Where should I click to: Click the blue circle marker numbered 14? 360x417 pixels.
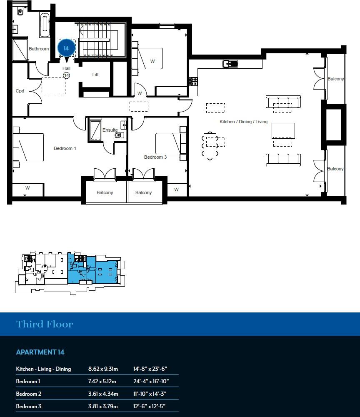tap(66, 48)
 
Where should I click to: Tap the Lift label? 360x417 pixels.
tap(95, 75)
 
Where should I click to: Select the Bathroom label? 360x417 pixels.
tap(39, 49)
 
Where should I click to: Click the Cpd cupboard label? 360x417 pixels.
tap(20, 91)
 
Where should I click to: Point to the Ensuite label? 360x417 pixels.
tap(110, 130)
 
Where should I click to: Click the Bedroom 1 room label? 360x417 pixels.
tap(65, 148)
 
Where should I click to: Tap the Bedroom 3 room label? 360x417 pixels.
tap(155, 157)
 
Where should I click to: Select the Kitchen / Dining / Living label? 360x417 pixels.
tap(244, 122)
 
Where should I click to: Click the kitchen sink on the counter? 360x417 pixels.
tap(230, 64)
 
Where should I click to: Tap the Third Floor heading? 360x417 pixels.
tap(45, 324)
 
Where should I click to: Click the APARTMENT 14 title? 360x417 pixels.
tap(40, 352)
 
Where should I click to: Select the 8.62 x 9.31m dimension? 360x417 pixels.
tap(103, 369)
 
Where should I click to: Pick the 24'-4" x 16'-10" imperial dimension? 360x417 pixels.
tap(151, 382)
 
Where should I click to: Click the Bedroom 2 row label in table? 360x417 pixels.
tap(28, 394)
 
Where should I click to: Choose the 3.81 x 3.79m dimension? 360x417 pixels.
tap(103, 407)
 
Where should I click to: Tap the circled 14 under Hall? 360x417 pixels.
tap(66, 75)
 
